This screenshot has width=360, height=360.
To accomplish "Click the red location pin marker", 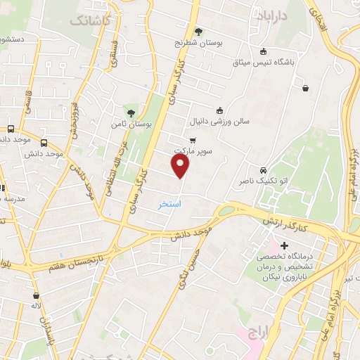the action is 181,166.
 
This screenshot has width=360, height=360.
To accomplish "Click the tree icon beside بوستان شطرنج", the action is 199,31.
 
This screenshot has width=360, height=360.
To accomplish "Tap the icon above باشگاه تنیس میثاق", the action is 263,51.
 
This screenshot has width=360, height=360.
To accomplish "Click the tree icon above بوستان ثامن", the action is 130,112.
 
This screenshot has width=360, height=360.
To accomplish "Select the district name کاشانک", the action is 90,20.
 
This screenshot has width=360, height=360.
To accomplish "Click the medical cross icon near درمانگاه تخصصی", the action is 284,245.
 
